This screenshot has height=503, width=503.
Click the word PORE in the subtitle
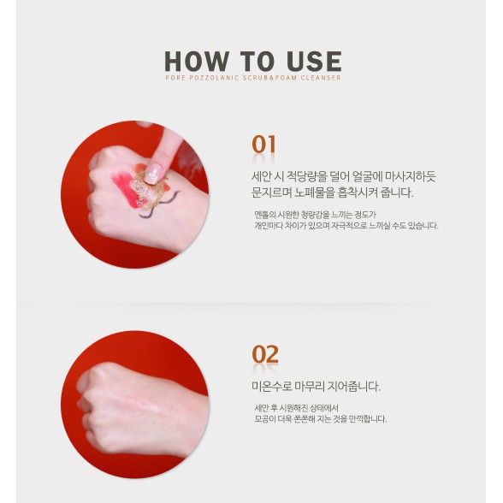click(175, 78)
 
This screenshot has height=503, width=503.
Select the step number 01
click(263, 145)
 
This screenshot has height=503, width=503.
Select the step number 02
click(264, 354)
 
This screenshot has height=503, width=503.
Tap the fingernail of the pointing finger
click(155, 172)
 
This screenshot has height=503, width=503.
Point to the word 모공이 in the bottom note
click(265, 419)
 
